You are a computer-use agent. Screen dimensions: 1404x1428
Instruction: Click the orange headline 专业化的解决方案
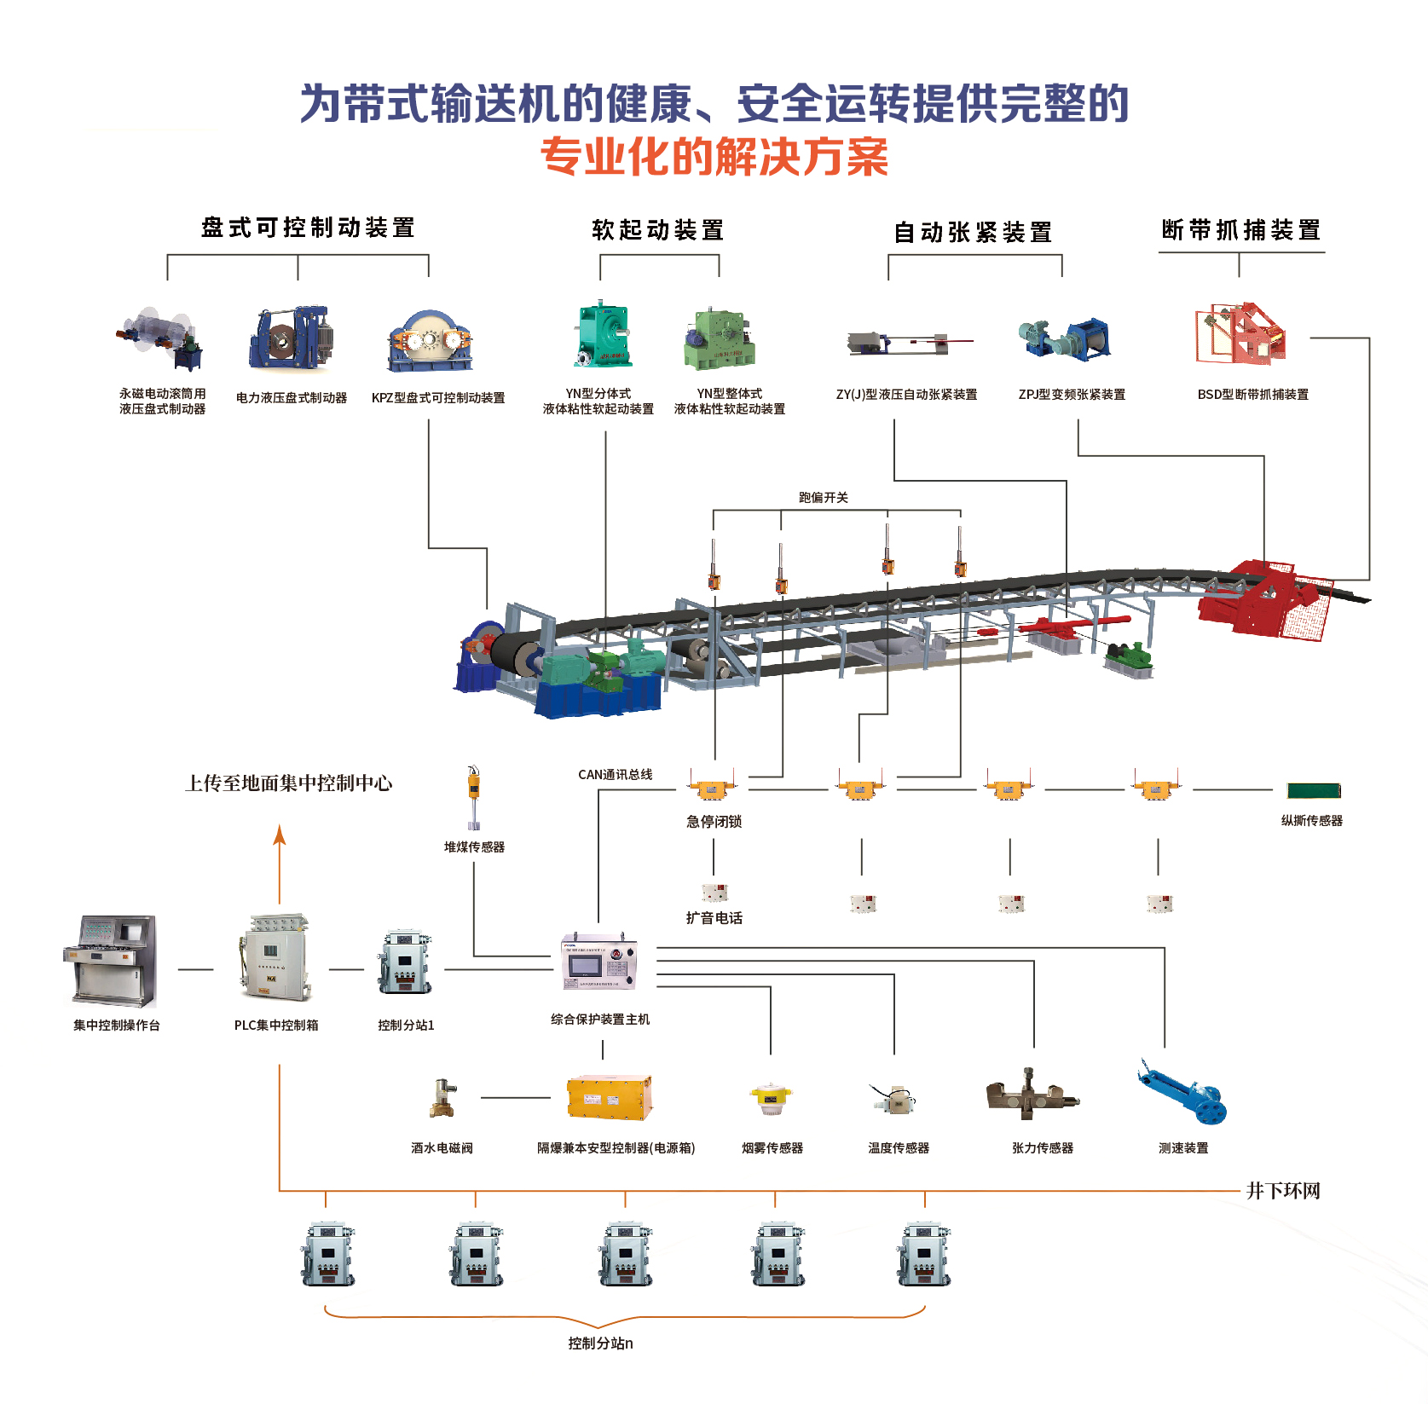[x=714, y=157]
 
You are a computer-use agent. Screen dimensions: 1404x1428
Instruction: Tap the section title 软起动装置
[x=657, y=230]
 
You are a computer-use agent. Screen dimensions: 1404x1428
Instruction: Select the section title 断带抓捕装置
[x=1240, y=230]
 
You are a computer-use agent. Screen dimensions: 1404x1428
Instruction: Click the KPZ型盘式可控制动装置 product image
[x=430, y=341]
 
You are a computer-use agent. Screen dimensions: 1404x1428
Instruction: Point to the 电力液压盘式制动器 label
[x=292, y=398]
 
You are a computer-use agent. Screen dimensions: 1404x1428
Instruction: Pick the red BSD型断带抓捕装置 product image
[x=1240, y=334]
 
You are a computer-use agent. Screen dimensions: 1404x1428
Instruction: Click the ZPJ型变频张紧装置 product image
[x=1066, y=338]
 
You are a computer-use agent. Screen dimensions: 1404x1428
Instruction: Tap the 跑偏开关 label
[x=823, y=498]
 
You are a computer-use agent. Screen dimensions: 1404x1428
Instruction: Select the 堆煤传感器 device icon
[x=473, y=797]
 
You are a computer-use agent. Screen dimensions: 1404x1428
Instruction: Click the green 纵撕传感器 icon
[x=1314, y=791]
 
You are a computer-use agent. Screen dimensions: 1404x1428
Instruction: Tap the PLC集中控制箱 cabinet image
[x=275, y=959]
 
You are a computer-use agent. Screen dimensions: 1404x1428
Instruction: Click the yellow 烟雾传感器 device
[x=771, y=1099]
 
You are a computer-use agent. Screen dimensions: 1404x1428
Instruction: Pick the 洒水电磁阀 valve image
[x=443, y=1098]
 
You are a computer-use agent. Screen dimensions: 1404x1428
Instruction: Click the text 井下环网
[x=1282, y=1191]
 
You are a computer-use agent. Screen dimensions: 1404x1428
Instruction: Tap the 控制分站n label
[x=600, y=1343]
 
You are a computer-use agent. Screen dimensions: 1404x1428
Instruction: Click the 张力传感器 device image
[x=1032, y=1096]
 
